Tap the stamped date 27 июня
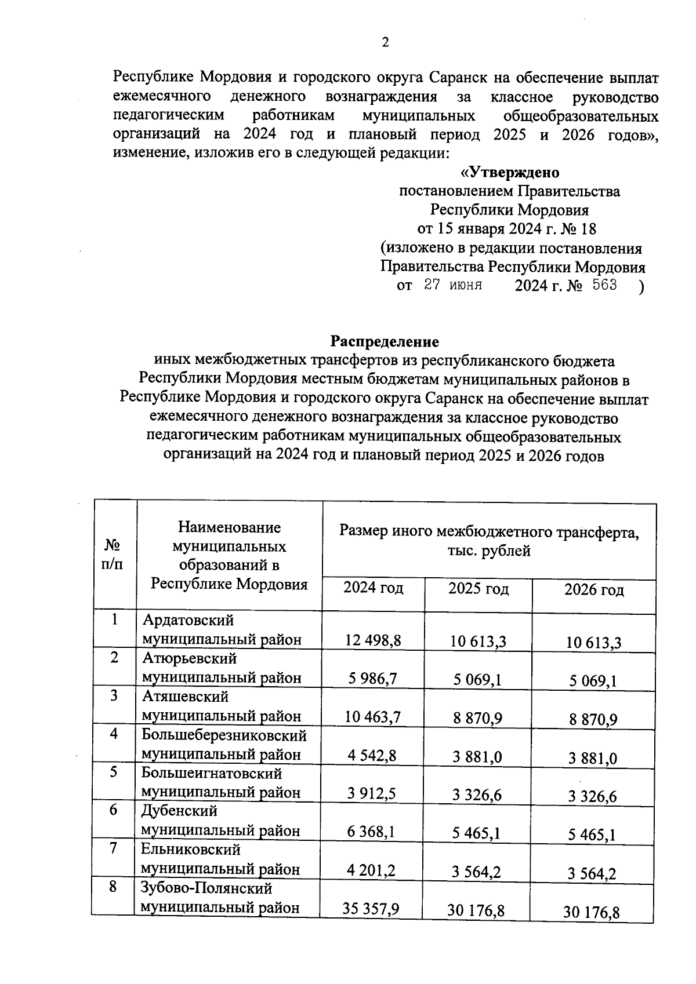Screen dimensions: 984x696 pyautogui.click(x=453, y=285)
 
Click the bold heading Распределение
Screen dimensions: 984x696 pyautogui.click(x=385, y=341)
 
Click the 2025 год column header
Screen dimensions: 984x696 pyautogui.click(x=478, y=589)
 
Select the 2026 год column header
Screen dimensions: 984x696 pyautogui.click(x=594, y=590)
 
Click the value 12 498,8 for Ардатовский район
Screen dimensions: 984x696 pyautogui.click(x=373, y=640)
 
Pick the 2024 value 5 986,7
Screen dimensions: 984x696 pyautogui.click(x=373, y=678)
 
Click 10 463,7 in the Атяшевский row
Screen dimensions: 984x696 pyautogui.click(x=373, y=717)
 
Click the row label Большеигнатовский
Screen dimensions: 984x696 pyautogui.click(x=212, y=773)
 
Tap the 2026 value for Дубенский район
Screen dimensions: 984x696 pyautogui.click(x=592, y=835)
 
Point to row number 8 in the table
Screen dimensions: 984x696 pyautogui.click(x=114, y=887)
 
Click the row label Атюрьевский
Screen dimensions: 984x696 pyautogui.click(x=190, y=658)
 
